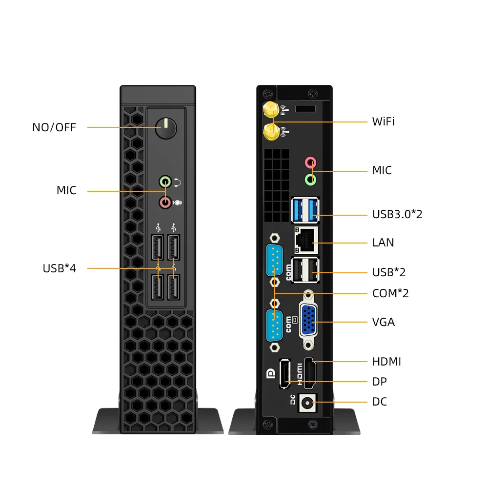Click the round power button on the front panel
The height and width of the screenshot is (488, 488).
point(165,129)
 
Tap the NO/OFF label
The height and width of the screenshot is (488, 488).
point(54,128)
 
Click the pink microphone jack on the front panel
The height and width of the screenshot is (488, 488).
point(165,202)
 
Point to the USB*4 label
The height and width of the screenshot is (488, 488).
point(60,268)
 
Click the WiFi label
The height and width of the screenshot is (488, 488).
point(383,122)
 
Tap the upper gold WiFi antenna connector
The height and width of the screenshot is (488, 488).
point(269,110)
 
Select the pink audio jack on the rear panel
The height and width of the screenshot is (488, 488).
point(311,162)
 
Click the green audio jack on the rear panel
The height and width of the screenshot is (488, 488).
point(311,179)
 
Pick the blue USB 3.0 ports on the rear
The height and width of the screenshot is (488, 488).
point(305,209)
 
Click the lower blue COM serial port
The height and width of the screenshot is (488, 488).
point(275,325)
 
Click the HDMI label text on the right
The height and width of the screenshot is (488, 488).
point(386,362)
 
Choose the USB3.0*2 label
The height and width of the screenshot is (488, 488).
point(397,214)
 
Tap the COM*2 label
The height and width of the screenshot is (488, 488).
point(390,293)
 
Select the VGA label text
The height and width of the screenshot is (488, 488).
point(384,322)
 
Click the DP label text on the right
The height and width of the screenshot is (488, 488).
point(380,382)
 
